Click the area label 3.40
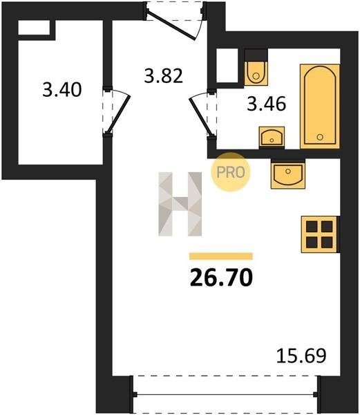[x=62, y=89]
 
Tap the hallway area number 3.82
[x=164, y=75]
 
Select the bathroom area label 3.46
[x=267, y=104]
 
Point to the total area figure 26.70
[x=222, y=277]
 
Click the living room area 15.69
[x=301, y=356]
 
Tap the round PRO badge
[x=231, y=172]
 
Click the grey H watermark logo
[x=180, y=204]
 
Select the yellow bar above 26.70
[x=221, y=256]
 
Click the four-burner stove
[x=319, y=234]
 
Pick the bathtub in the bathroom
[x=320, y=107]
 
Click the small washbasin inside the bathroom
[x=272, y=138]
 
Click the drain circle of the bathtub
[x=320, y=137]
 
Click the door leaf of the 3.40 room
[x=118, y=114]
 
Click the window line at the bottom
[x=226, y=395]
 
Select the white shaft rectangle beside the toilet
[x=227, y=66]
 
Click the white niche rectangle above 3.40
[x=34, y=28]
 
